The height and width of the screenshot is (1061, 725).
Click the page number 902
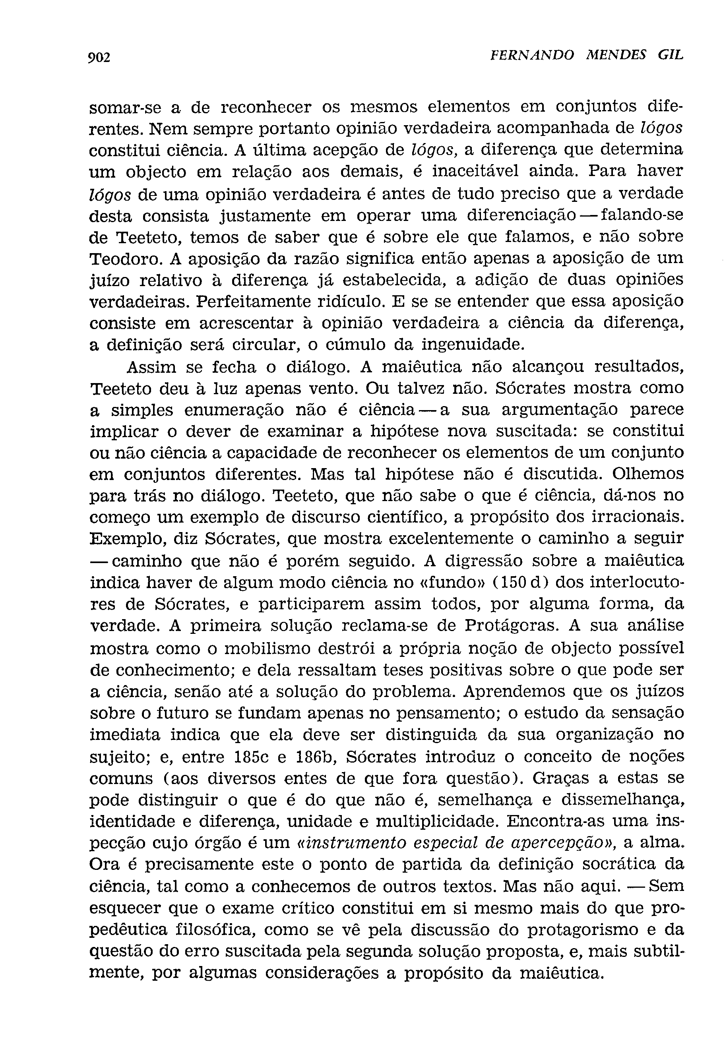99,58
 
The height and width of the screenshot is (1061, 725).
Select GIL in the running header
671,56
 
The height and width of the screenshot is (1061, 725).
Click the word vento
331,389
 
